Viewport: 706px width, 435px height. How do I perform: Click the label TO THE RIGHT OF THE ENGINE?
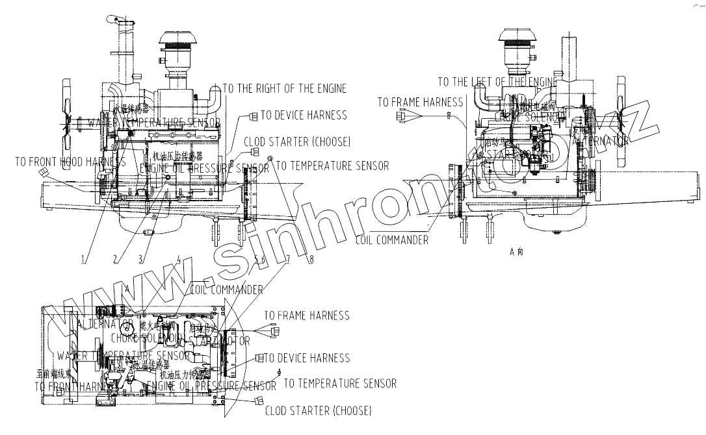pos(285,88)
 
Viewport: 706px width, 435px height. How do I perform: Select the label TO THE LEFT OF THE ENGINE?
pos(497,82)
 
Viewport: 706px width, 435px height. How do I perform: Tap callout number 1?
pos(84,259)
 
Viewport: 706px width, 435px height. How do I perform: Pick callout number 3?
pos(141,259)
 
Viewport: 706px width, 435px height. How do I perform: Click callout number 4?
pos(179,259)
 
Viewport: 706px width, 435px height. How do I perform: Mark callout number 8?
pos(311,259)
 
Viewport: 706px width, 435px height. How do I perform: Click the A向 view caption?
pos(517,251)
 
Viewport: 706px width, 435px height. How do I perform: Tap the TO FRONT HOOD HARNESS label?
pos(70,162)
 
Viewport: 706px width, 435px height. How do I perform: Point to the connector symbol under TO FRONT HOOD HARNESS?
pos(44,171)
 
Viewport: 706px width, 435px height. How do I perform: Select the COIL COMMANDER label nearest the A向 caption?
pos(392,240)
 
